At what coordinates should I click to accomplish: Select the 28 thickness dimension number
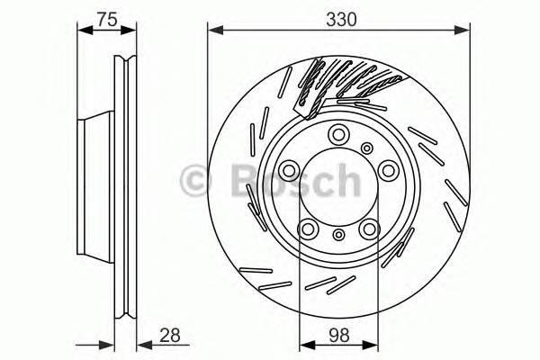click(168, 335)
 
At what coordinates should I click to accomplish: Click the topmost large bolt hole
click(337, 135)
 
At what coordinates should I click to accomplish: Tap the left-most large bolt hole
click(287, 171)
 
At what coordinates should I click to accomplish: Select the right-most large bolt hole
click(388, 169)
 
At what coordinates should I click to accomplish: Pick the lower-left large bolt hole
click(307, 229)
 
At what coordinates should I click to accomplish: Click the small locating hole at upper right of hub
click(366, 148)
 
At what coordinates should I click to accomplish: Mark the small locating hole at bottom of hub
click(338, 235)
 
